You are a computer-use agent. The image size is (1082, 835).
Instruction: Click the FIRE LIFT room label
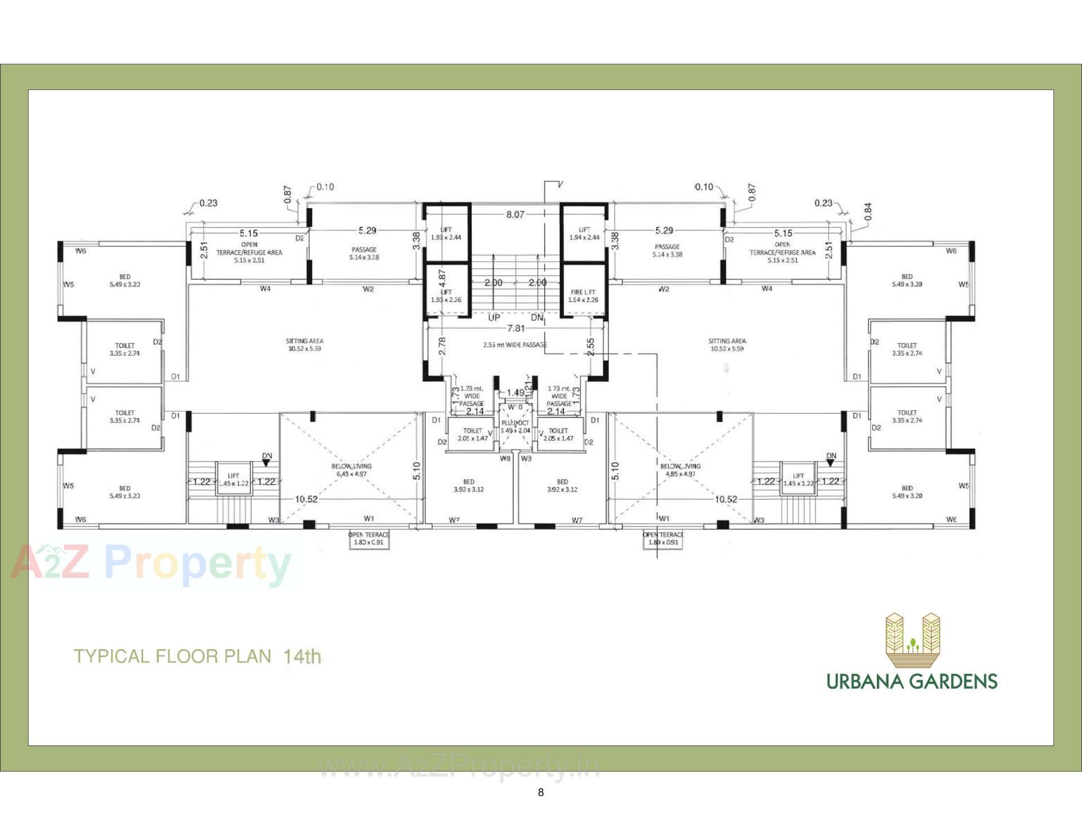tap(583, 296)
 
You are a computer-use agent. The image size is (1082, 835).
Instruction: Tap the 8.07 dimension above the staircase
tap(515, 215)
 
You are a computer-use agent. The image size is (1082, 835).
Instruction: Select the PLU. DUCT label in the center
tap(515, 426)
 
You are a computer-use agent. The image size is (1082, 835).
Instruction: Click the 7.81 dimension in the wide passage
tap(516, 328)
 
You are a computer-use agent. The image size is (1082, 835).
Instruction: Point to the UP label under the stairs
tap(494, 318)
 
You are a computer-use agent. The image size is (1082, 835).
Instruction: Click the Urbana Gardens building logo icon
tap(912, 641)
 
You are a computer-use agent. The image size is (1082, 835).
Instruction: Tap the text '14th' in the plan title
tap(302, 656)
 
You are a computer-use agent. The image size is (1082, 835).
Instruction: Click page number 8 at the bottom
tap(540, 792)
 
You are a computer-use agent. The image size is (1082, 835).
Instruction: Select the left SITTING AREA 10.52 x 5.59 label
tap(304, 345)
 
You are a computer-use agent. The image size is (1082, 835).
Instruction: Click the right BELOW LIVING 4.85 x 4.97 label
tap(680, 470)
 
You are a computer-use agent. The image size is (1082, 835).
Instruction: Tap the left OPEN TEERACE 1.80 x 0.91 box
tap(369, 539)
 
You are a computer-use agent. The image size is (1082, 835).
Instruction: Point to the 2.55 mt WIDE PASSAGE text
tap(515, 345)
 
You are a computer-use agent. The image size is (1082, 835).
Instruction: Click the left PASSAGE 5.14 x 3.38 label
tap(364, 253)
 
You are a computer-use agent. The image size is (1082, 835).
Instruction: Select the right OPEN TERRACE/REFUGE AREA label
tap(782, 252)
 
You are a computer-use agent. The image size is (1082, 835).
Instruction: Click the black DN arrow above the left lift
tap(267, 463)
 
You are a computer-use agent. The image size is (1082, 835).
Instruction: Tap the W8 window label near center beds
tap(505, 458)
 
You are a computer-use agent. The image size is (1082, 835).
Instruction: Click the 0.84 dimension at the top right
tap(867, 211)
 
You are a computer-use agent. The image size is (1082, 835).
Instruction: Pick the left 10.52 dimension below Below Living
tap(306, 499)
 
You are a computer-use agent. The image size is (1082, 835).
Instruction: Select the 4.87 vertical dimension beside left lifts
tap(442, 278)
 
